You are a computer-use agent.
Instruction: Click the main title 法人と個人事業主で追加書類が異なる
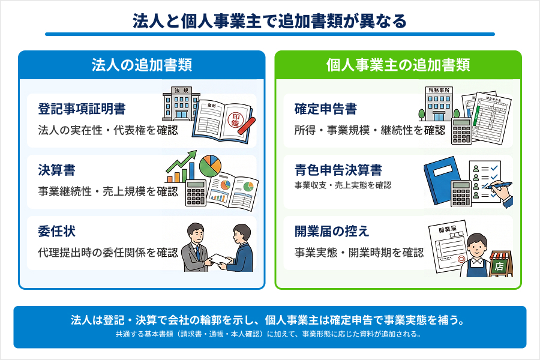click(269, 21)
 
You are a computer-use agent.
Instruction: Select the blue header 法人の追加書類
click(142, 65)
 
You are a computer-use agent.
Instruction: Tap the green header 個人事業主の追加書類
click(398, 65)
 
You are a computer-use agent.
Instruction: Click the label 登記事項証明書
click(82, 109)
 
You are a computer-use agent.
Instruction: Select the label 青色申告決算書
click(338, 170)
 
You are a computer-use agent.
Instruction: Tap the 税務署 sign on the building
click(439, 91)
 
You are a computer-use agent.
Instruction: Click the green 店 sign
click(499, 266)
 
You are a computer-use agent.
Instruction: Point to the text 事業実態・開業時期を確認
click(359, 252)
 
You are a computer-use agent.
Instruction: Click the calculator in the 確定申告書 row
click(462, 131)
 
